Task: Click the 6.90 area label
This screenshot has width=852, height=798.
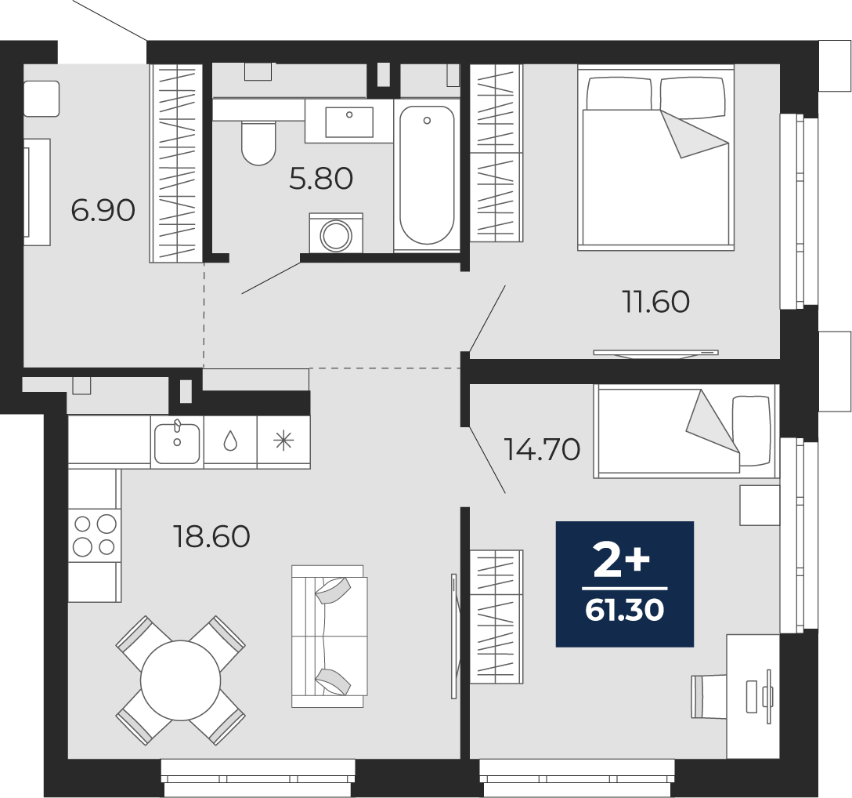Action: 103,211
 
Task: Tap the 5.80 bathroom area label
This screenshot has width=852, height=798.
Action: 321,179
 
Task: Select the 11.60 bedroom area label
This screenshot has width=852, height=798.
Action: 656,302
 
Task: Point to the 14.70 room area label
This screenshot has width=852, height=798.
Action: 542,449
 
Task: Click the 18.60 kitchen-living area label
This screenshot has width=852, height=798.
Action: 211,536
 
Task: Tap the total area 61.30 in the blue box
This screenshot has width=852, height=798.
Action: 625,611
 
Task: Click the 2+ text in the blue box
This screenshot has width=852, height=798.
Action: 622,563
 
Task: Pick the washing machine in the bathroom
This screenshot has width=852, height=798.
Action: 336,234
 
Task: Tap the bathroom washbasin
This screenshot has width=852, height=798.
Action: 349,122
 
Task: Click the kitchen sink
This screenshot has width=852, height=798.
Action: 177,443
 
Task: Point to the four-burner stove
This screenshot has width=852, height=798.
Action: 95,535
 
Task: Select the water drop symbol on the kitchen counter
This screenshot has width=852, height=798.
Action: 230,441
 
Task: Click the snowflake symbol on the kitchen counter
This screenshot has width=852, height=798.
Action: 283,441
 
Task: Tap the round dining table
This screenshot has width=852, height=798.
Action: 180,680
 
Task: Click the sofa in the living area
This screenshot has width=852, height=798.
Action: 329,636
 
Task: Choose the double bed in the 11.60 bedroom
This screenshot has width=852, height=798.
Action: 656,158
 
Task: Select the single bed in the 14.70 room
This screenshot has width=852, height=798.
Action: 686,431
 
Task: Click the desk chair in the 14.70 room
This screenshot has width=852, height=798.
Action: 709,697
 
